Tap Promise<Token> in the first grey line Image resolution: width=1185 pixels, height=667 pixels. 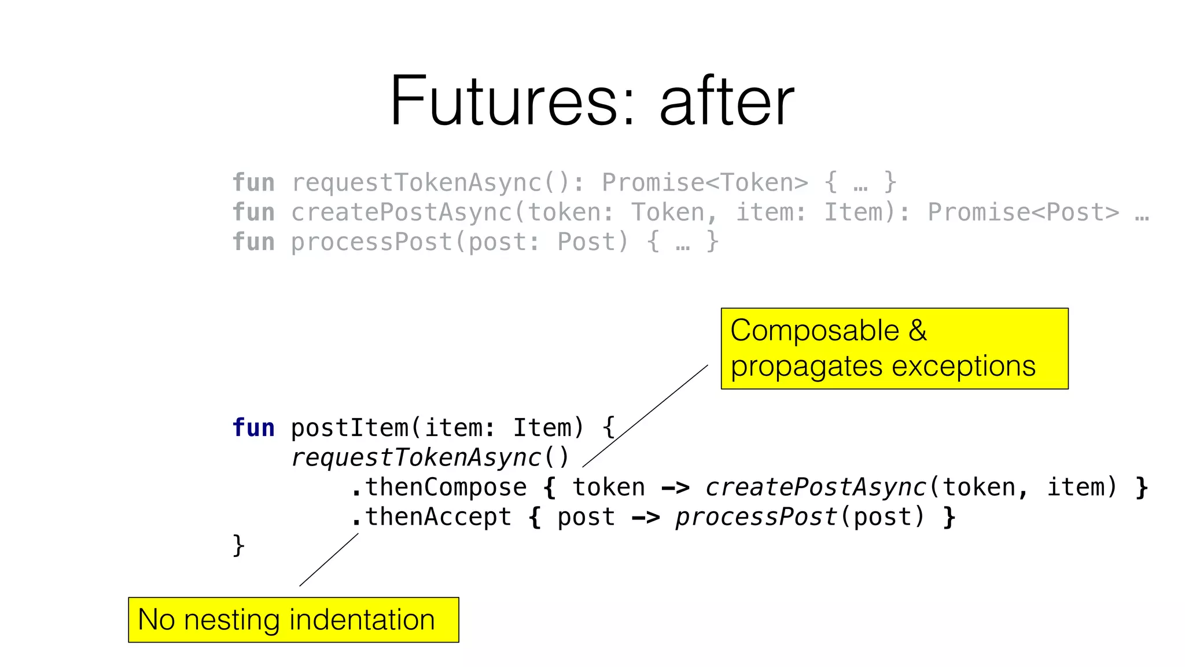point(705,182)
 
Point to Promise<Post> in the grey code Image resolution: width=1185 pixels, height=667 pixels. point(1023,212)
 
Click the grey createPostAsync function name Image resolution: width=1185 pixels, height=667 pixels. point(402,212)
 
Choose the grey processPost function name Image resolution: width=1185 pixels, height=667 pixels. point(371,242)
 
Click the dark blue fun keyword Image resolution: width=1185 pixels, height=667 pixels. point(253,428)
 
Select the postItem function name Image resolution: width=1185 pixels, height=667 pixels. point(349,428)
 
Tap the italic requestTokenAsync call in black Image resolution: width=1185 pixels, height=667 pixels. point(415,457)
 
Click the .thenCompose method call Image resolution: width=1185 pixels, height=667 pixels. point(439,488)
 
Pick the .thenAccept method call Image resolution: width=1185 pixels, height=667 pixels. point(431,517)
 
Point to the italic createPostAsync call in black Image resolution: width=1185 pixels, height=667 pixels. point(816,488)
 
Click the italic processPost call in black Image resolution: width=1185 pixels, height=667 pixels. point(756,517)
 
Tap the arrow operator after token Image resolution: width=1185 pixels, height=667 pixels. point(675,488)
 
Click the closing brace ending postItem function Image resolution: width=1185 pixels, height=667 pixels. point(238,545)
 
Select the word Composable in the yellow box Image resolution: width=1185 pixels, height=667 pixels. point(814,331)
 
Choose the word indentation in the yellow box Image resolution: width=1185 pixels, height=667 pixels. point(362,620)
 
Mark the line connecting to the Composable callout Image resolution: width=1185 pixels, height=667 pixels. point(645,416)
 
